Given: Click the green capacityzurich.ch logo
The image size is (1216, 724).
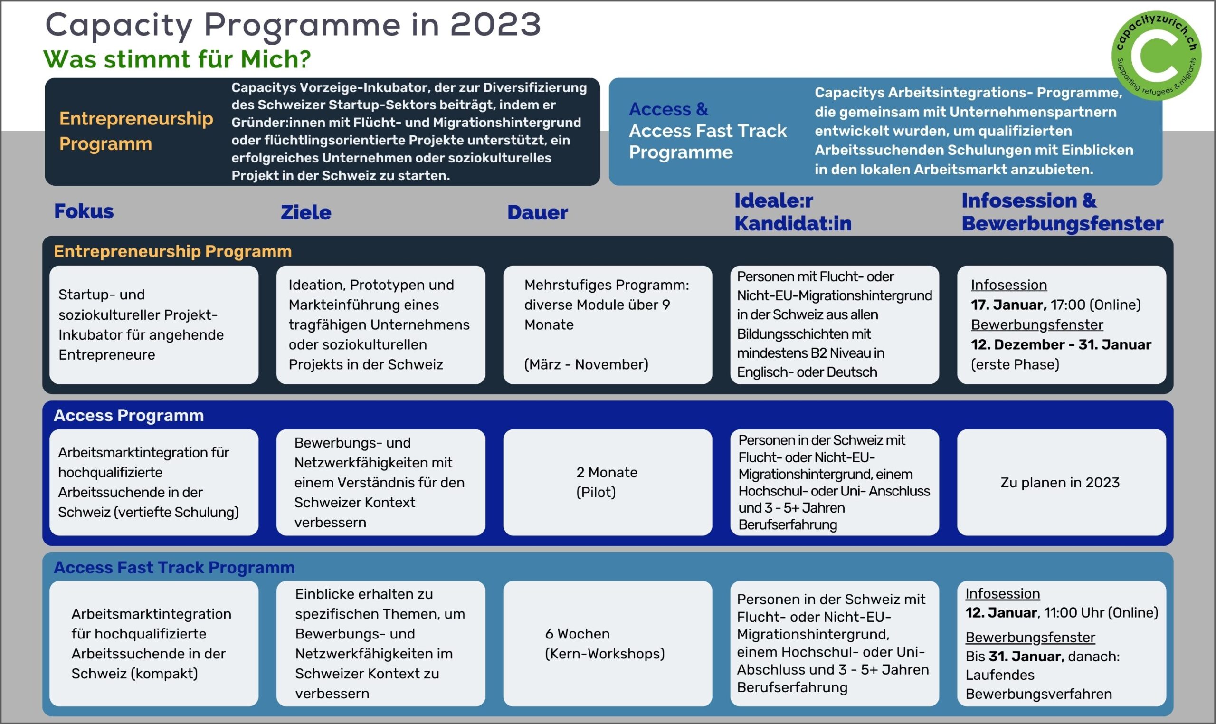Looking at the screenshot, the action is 1156,56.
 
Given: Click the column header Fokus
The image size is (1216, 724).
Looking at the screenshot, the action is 84,211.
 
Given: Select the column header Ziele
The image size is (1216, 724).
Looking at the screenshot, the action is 306,212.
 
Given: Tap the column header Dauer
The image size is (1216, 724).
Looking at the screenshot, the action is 538,212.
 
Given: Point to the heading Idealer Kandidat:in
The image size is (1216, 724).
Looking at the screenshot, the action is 793,212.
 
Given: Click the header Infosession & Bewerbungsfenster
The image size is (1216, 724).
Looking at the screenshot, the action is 1063,212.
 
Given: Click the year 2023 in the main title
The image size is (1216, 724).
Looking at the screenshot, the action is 495,24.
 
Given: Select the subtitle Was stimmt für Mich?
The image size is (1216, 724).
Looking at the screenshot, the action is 177,59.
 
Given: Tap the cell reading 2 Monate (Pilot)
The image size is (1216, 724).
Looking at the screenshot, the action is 607,482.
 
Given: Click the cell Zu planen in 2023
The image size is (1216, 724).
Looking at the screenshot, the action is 1060,483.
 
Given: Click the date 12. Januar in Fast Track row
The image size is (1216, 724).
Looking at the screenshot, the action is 1001,613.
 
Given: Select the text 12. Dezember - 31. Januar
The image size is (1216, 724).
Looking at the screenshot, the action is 1061,344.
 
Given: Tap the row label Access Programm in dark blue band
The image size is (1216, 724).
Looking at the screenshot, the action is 129,415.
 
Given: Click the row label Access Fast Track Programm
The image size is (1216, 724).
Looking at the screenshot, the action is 174,567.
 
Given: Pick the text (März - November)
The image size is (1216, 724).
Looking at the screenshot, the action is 586,364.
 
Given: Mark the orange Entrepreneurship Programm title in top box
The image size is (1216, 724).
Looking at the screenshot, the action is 136,131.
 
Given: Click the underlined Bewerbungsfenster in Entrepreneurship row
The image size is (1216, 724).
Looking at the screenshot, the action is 1037,324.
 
